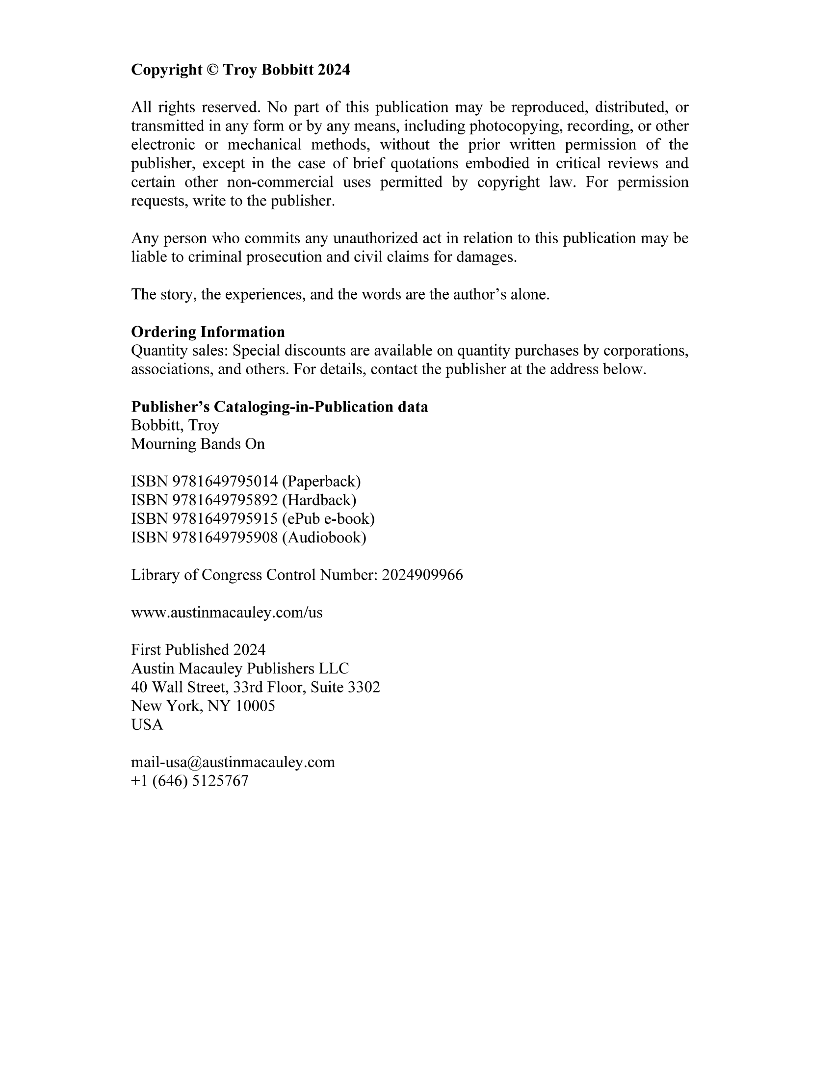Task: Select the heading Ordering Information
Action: click(x=208, y=332)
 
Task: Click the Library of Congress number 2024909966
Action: click(x=422, y=575)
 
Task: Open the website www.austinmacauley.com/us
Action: click(x=226, y=613)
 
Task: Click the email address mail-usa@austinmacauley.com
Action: click(x=233, y=762)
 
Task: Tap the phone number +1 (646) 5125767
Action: click(x=190, y=781)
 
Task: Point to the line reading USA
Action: click(x=147, y=724)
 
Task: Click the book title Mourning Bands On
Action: click(x=198, y=444)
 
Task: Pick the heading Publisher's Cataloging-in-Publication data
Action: click(x=279, y=407)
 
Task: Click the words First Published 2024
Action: click(x=198, y=649)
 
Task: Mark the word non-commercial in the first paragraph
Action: click(x=280, y=182)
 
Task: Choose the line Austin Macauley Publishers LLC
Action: click(x=239, y=668)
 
